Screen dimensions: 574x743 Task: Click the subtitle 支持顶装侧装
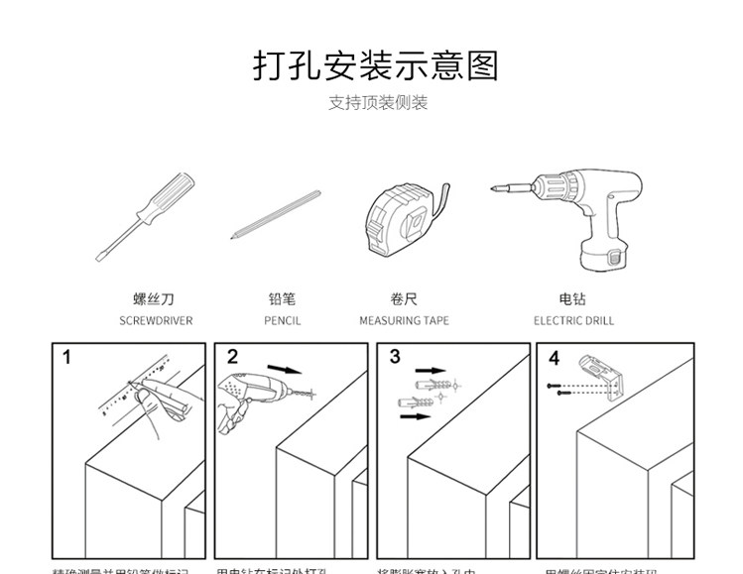click(x=378, y=103)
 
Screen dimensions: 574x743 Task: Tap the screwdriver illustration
click(x=145, y=215)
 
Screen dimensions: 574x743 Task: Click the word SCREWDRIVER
click(x=156, y=321)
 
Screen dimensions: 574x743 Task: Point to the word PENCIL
click(x=282, y=321)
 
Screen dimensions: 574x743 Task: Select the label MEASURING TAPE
click(x=404, y=321)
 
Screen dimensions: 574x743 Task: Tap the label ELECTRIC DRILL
click(x=573, y=321)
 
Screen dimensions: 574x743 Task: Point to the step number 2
click(x=232, y=357)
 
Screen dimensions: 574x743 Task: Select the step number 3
click(x=395, y=357)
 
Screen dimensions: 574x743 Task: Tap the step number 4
click(x=554, y=358)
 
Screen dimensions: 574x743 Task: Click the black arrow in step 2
click(x=285, y=370)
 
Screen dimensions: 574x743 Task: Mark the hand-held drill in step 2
click(x=247, y=389)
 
